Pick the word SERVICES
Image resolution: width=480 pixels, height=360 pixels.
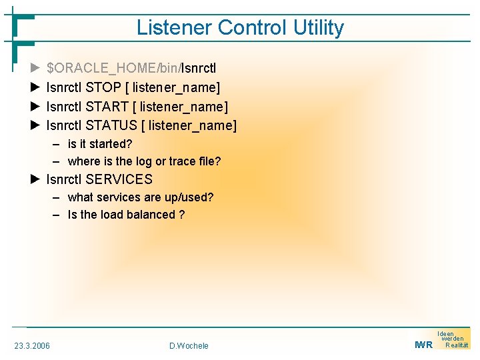tap(119, 179)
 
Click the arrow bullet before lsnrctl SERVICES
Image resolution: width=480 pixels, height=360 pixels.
tap(36, 179)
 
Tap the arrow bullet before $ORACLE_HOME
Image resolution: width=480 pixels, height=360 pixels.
tap(36, 68)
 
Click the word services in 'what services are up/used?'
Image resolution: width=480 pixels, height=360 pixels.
tap(118, 197)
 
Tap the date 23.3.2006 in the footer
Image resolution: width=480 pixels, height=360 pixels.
tap(32, 345)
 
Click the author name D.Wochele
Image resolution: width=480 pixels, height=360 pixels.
tap(189, 345)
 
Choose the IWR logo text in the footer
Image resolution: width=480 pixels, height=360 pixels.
tap(423, 345)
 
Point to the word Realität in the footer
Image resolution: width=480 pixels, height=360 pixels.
tap(457, 345)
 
